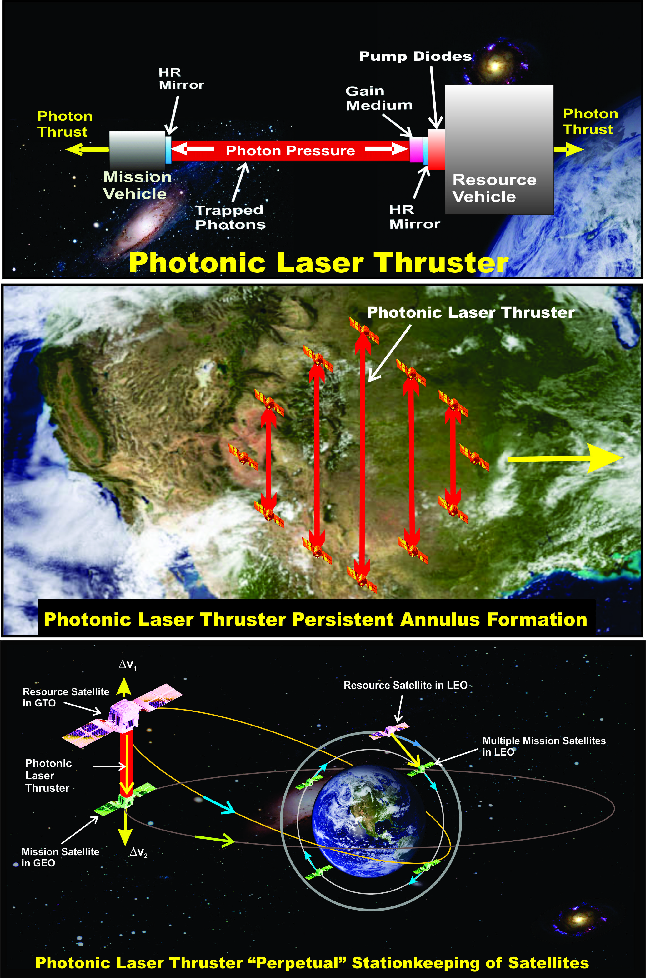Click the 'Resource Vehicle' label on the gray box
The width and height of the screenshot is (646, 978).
coord(494,188)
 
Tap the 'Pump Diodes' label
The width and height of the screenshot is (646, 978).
coord(415,56)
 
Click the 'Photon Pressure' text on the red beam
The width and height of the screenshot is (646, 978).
coord(290,151)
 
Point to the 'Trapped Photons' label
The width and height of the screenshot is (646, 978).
coord(230,217)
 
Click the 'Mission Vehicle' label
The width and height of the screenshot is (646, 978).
coord(137,185)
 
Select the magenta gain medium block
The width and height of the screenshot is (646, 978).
coord(416,149)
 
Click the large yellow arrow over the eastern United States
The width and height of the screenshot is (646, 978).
coord(564,458)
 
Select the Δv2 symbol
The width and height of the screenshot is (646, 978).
coord(138,852)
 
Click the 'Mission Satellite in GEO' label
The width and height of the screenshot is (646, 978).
coord(60,857)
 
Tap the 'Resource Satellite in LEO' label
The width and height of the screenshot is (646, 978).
coord(405,685)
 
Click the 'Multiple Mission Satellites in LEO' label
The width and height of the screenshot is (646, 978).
coord(544,746)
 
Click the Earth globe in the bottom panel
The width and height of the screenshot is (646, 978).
coord(361,821)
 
